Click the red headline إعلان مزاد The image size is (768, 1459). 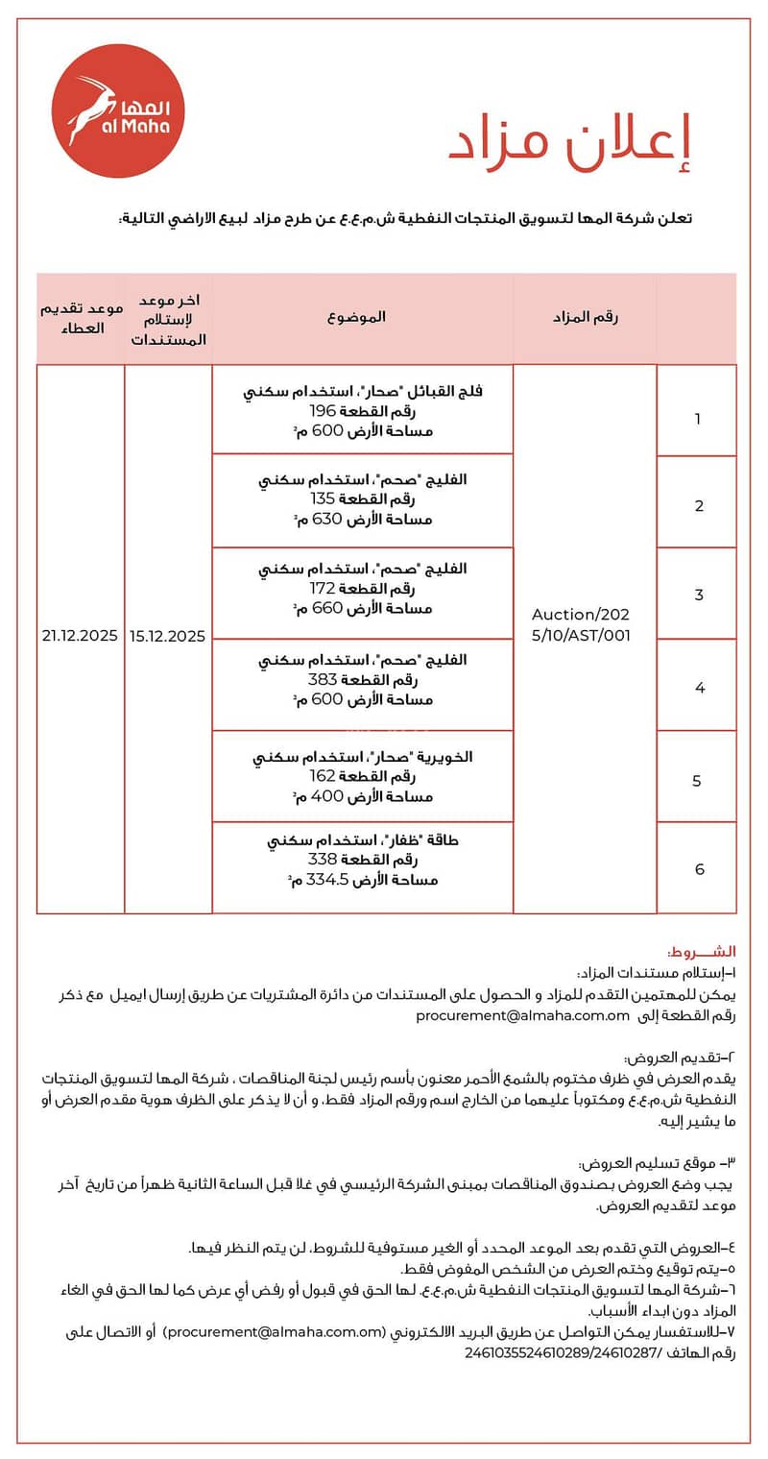[568, 143]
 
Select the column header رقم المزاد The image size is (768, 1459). [585, 317]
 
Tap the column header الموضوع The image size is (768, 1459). [362, 317]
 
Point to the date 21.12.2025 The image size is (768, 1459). [80, 636]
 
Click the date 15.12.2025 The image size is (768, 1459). [168, 636]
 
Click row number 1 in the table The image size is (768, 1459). [698, 419]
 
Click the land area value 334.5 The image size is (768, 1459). [325, 880]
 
